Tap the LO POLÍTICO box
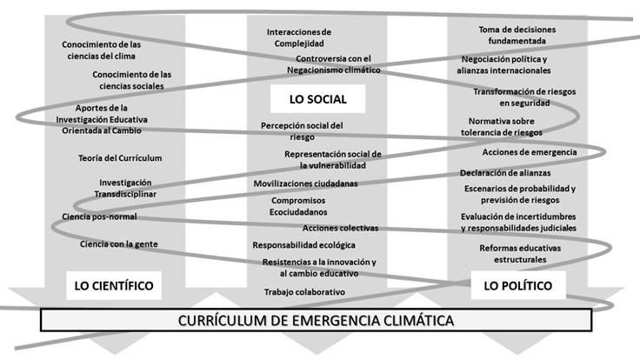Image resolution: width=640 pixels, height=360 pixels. click(517, 285)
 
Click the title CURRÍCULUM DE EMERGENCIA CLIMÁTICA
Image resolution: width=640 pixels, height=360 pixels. click(316, 320)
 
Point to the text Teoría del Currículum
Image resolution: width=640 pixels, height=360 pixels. click(120, 158)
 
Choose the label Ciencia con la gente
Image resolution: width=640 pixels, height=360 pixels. click(118, 244)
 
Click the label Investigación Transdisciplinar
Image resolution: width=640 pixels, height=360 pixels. click(125, 188)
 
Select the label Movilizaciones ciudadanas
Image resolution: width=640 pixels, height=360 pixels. click(305, 183)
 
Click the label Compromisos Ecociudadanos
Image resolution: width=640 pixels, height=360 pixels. click(299, 205)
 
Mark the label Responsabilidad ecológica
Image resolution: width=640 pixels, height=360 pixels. click(303, 245)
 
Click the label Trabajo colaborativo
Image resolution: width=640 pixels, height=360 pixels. click(304, 292)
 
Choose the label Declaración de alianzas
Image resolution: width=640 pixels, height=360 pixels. click(505, 173)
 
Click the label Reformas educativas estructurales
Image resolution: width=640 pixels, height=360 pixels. click(520, 254)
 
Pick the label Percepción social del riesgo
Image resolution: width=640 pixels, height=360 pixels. click(302, 130)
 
